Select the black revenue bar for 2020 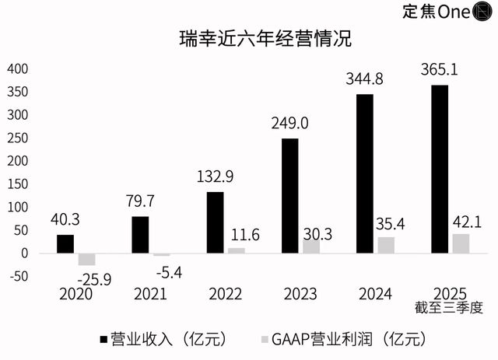click(65, 243)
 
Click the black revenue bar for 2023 click(289, 195)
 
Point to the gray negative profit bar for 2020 click(86, 259)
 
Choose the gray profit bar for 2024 click(386, 245)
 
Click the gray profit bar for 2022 click(236, 250)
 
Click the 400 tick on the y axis click(16, 69)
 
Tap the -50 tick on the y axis click(16, 277)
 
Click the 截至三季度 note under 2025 click(451, 307)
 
